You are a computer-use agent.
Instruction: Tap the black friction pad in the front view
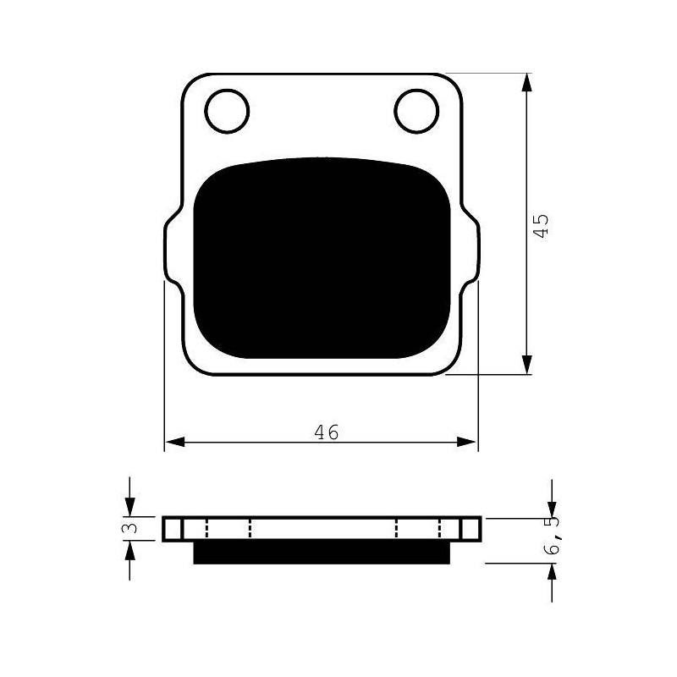[322, 258]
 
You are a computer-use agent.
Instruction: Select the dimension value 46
[327, 432]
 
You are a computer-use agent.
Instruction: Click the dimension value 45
[541, 224]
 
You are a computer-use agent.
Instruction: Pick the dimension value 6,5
[553, 536]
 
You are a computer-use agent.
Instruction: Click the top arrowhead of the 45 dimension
[526, 82]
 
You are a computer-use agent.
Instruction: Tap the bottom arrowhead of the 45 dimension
[526, 365]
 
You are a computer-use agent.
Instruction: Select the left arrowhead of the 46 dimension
[175, 442]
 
